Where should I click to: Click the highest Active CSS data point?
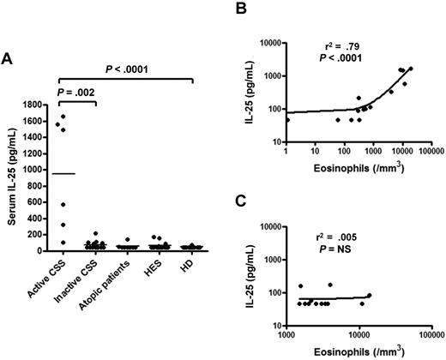click(63, 117)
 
